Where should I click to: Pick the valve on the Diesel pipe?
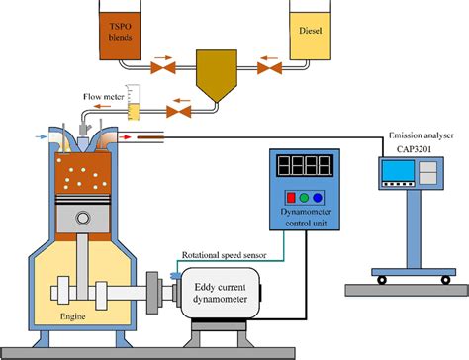(x=264, y=69)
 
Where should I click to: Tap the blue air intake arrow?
(x=39, y=134)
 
